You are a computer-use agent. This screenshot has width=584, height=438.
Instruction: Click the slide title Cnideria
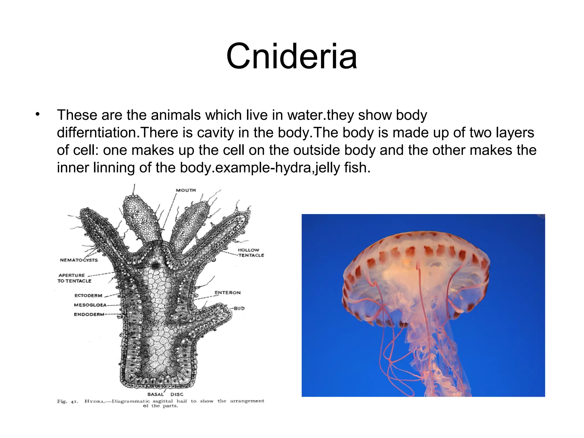click(x=291, y=56)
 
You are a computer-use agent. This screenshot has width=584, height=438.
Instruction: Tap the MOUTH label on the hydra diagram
click(x=186, y=190)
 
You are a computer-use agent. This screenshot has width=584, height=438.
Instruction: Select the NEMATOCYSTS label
click(x=79, y=260)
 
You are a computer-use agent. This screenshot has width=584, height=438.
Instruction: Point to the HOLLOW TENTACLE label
click(x=251, y=253)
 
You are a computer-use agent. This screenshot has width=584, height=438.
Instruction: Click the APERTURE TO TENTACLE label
click(x=74, y=278)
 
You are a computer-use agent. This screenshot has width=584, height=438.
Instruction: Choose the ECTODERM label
click(x=88, y=295)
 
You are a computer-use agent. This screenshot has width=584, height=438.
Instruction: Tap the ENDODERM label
click(x=89, y=315)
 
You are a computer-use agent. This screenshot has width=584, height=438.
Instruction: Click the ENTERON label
click(x=227, y=293)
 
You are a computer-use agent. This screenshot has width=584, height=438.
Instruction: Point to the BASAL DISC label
click(x=165, y=394)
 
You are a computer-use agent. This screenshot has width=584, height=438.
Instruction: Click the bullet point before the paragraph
click(x=37, y=115)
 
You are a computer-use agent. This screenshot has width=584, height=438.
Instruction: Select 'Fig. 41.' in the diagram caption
click(x=67, y=401)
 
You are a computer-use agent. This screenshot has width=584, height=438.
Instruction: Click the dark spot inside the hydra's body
click(x=155, y=265)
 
